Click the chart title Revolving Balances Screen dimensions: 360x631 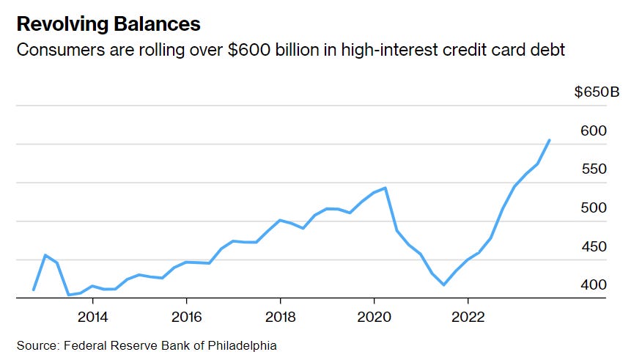tap(108, 24)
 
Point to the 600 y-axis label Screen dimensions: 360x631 tap(594, 131)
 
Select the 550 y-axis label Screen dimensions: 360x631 tap(594, 169)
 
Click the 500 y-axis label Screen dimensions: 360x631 tap(594, 208)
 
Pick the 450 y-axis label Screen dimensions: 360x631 tap(594, 246)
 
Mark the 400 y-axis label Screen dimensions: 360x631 tap(594, 284)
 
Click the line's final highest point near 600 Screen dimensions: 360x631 tap(550, 140)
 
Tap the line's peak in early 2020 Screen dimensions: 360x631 tap(385, 188)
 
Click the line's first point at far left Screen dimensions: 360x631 tap(34, 290)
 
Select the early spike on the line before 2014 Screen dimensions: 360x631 tap(45, 255)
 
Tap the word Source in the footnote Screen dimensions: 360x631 tap(35, 345)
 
